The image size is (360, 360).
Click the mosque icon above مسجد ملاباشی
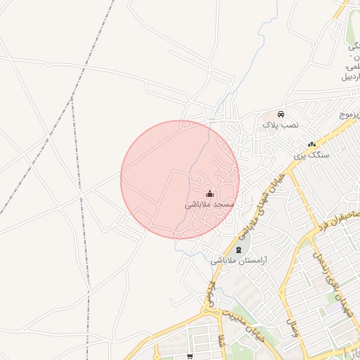(x=209, y=193)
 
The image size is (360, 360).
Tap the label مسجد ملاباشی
(x=209, y=205)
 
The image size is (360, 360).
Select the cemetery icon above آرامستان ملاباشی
(x=238, y=250)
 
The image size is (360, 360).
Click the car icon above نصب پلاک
(x=281, y=114)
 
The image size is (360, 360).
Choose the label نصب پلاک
(x=281, y=124)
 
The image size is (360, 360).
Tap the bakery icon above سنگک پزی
(x=311, y=144)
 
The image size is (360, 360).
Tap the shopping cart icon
(x=189, y=356)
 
